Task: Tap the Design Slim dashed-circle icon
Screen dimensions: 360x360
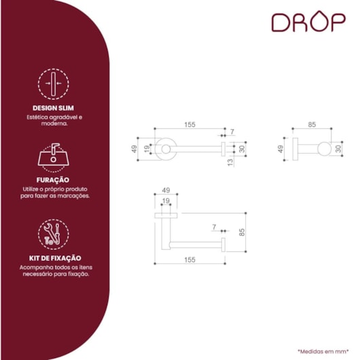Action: click(x=53, y=84)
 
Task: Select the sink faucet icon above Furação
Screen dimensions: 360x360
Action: click(x=53, y=158)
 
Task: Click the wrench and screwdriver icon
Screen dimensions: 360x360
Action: click(x=53, y=234)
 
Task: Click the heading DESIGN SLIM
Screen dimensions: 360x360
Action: click(x=53, y=108)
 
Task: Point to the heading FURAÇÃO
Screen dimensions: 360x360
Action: click(x=53, y=180)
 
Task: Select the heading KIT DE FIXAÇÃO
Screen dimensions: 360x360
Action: click(x=55, y=258)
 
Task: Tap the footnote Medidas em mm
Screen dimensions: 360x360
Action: click(x=323, y=351)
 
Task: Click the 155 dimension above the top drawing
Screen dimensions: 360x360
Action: click(x=190, y=125)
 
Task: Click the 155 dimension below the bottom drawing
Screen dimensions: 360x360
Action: click(x=190, y=259)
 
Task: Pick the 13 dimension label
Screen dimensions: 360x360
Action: click(x=230, y=162)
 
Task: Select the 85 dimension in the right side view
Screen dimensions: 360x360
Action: click(x=312, y=124)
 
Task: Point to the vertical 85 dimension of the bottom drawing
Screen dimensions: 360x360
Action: click(x=242, y=232)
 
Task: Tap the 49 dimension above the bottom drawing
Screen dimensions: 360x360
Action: click(x=166, y=190)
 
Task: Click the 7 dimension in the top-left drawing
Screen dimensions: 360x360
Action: click(x=232, y=132)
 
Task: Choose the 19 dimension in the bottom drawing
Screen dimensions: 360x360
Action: click(x=166, y=201)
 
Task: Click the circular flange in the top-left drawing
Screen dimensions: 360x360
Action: click(x=166, y=149)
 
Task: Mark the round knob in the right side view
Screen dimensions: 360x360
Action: click(x=324, y=149)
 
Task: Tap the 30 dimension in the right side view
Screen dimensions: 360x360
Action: click(x=338, y=149)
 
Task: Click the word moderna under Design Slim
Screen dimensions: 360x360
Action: click(x=54, y=124)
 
